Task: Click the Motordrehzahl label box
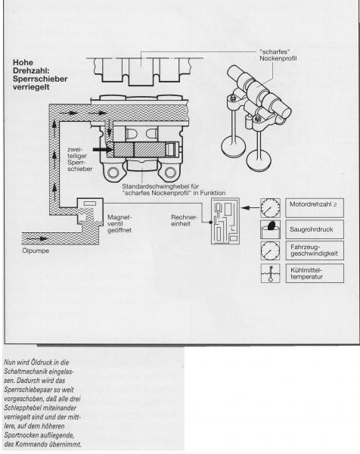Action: click(315, 207)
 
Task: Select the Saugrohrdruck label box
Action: click(315, 229)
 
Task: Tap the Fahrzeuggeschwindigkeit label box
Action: click(315, 250)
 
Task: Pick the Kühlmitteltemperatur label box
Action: click(315, 273)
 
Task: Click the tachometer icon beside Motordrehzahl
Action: click(270, 207)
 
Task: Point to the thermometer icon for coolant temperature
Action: click(270, 273)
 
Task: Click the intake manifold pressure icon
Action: click(270, 229)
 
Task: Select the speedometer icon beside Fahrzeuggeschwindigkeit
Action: click(270, 250)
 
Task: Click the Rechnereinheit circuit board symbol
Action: click(225, 221)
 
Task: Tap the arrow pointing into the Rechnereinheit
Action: click(250, 207)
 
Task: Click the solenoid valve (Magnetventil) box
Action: click(90, 212)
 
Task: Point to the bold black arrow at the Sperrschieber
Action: click(103, 149)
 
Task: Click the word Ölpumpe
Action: click(36, 250)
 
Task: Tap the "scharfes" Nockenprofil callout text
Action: click(278, 55)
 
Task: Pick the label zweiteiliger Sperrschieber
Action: click(79, 159)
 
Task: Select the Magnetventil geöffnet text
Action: click(119, 224)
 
